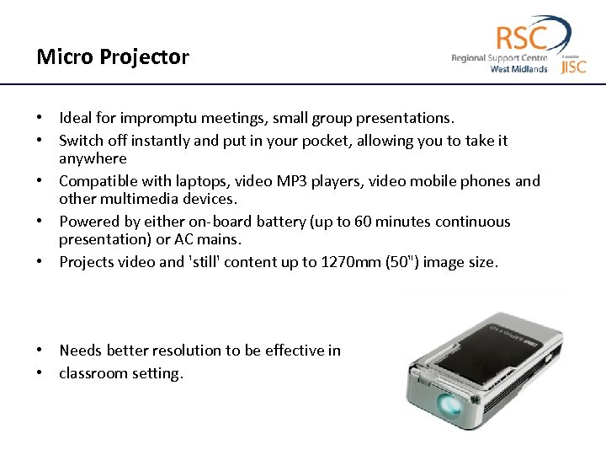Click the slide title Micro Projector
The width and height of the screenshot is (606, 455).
[x=113, y=57]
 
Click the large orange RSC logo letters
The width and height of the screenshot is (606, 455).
[x=521, y=38]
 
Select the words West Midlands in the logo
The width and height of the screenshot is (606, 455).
[x=518, y=69]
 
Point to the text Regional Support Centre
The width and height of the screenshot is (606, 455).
[x=499, y=58]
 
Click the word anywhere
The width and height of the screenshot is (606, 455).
[x=93, y=158]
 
